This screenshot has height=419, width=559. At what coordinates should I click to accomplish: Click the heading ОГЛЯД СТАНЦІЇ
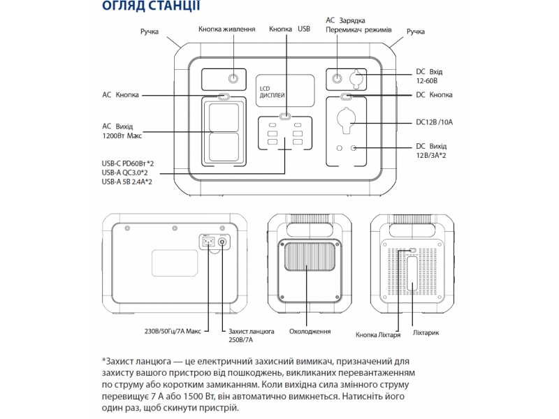pyautogui.click(x=150, y=7)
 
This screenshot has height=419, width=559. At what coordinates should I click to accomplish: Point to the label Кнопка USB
pyautogui.click(x=289, y=29)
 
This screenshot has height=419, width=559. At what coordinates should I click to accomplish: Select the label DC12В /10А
pyautogui.click(x=434, y=122)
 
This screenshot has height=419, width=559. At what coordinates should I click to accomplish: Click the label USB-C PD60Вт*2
pyautogui.click(x=127, y=163)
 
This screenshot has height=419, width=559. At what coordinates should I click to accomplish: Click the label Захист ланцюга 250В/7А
pyautogui.click(x=251, y=335)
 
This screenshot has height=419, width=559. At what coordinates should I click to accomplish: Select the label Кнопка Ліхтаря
pyautogui.click(x=378, y=335)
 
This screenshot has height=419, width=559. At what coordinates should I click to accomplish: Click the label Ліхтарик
pyautogui.click(x=426, y=332)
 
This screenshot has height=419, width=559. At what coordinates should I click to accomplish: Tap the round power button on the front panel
pyautogui.click(x=233, y=79)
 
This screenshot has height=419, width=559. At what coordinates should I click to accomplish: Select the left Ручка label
pyautogui.click(x=149, y=32)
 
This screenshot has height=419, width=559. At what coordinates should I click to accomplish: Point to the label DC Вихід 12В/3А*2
pyautogui.click(x=430, y=150)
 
